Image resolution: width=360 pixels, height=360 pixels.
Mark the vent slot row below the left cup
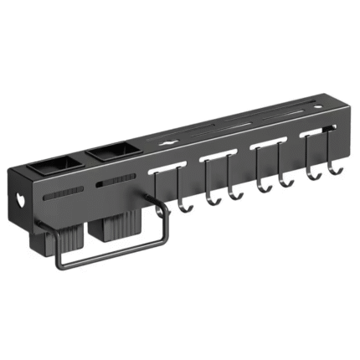pos(62,194)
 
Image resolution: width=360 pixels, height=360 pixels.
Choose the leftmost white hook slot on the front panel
pos(166,170)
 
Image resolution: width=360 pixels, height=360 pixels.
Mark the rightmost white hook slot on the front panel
pos(312,132)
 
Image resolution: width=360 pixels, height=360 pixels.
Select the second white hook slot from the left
pos(215,157)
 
